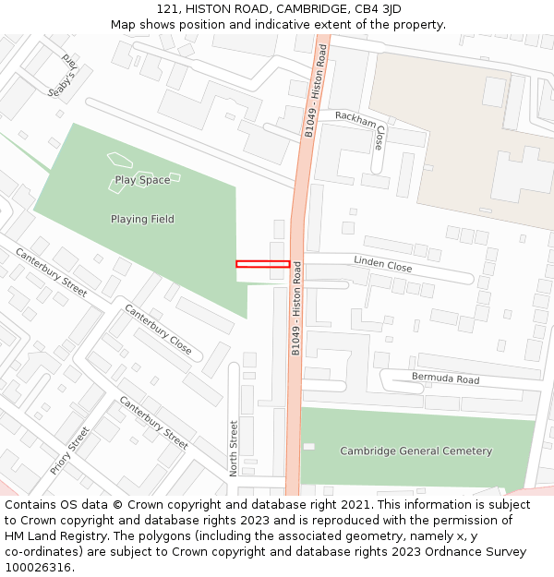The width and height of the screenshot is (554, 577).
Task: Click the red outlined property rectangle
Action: (263, 264)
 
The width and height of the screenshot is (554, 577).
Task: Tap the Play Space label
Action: (142, 180)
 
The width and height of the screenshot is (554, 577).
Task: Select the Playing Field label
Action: (142, 219)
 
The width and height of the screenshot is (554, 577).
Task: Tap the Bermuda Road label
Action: (445, 379)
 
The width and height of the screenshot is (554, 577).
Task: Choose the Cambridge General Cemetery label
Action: (415, 451)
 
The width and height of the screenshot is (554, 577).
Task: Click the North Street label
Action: (234, 448)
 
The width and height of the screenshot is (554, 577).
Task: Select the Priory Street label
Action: (70, 451)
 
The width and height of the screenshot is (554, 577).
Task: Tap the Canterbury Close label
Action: (158, 330)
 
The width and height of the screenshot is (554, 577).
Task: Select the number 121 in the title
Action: (167, 9)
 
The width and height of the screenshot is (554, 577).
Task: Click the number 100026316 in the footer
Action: (37, 568)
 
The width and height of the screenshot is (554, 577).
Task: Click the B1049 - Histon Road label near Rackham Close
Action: (316, 91)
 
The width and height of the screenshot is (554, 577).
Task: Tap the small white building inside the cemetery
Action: (308, 447)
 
